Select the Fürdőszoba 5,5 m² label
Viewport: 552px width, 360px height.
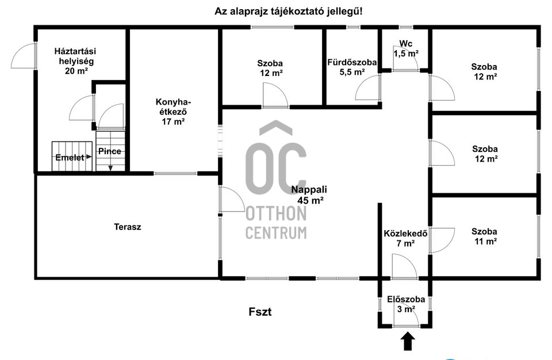(x=352, y=67)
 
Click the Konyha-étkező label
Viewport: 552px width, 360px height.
(x=173, y=112)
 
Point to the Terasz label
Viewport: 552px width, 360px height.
(x=128, y=227)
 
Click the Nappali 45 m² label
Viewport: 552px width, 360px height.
(x=309, y=195)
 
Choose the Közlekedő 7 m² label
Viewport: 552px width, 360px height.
(x=405, y=239)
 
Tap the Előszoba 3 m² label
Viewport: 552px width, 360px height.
(x=406, y=304)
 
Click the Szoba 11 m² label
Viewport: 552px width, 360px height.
(x=485, y=236)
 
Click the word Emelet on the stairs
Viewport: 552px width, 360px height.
(x=70, y=158)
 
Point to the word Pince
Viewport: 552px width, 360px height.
(x=109, y=151)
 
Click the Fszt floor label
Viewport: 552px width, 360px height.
(x=260, y=312)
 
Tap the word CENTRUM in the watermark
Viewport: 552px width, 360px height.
(x=276, y=233)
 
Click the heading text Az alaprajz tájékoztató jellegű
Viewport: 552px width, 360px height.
(x=288, y=12)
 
